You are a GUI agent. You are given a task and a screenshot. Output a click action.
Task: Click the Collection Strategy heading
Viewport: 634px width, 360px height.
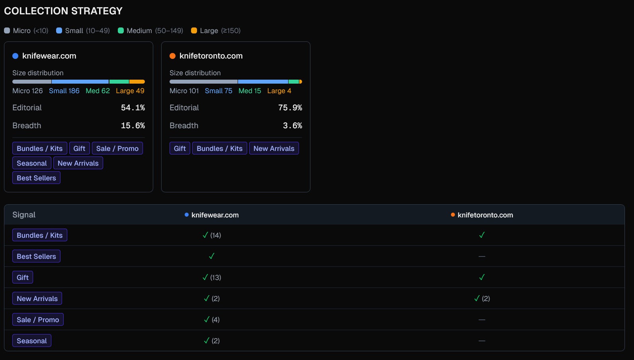point(63,11)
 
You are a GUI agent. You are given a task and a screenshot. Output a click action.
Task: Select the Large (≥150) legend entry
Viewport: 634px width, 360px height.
point(216,31)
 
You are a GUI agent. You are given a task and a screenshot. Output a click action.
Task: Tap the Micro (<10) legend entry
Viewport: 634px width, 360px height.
point(26,31)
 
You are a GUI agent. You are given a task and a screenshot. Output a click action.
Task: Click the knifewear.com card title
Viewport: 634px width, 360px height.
point(49,56)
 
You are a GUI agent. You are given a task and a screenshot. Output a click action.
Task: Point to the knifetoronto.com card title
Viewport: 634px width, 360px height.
point(211,56)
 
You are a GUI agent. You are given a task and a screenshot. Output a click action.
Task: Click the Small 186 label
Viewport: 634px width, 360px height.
point(64,91)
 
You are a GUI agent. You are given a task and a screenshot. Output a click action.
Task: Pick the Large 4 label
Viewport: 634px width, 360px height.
point(279,91)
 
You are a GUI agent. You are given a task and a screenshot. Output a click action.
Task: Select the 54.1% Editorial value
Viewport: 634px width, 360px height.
point(133,108)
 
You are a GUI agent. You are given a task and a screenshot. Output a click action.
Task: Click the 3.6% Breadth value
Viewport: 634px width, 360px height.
point(292,126)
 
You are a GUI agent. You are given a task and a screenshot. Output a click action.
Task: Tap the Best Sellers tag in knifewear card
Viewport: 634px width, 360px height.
point(36,178)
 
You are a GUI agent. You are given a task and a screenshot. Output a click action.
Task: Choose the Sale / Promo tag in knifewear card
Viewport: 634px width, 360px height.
point(117,149)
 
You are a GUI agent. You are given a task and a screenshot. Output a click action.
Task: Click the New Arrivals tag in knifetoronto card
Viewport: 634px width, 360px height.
point(274,149)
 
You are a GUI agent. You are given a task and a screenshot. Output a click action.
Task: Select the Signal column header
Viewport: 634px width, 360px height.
point(24,215)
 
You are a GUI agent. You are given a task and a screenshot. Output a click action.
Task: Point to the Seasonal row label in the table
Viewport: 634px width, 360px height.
point(32,341)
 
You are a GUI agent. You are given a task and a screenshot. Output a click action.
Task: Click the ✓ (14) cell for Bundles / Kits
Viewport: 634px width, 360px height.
point(211,235)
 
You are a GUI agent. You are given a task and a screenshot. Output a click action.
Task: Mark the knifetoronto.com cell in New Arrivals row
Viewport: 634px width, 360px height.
point(482,299)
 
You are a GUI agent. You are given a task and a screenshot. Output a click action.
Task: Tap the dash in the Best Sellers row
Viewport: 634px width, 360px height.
point(482,256)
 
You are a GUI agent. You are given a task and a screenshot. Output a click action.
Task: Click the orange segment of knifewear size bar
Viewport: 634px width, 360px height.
point(137,82)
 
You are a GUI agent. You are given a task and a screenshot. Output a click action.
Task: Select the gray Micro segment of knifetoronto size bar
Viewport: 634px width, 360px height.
point(203,82)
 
